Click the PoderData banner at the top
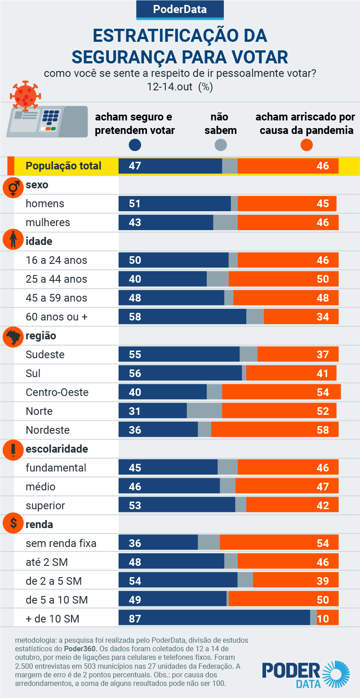[x=180, y=9]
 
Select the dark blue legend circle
[x=135, y=145]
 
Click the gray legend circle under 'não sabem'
[x=221, y=145]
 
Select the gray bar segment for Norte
[x=204, y=411]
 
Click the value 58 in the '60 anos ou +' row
[x=135, y=316]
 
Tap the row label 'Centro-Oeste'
[x=57, y=392]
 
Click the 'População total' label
[x=63, y=165]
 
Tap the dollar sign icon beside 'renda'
[x=13, y=523]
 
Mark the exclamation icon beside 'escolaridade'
[x=13, y=449]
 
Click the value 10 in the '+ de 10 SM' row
[x=323, y=618]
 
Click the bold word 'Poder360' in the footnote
[x=78, y=649]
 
